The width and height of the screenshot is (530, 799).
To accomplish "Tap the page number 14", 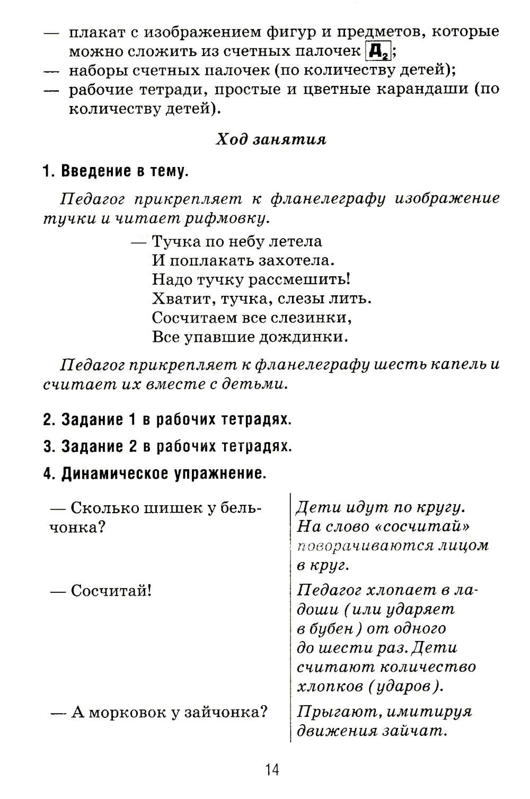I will [x=272, y=769].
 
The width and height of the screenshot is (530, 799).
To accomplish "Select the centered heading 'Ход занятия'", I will [x=271, y=139].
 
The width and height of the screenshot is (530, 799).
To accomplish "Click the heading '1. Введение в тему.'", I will [x=116, y=171].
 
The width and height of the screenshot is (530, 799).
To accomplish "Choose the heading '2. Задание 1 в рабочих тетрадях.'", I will [x=167, y=419].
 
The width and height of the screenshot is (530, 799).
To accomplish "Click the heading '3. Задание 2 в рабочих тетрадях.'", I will [x=167, y=446].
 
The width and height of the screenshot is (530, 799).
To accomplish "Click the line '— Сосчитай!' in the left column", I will [x=101, y=591].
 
